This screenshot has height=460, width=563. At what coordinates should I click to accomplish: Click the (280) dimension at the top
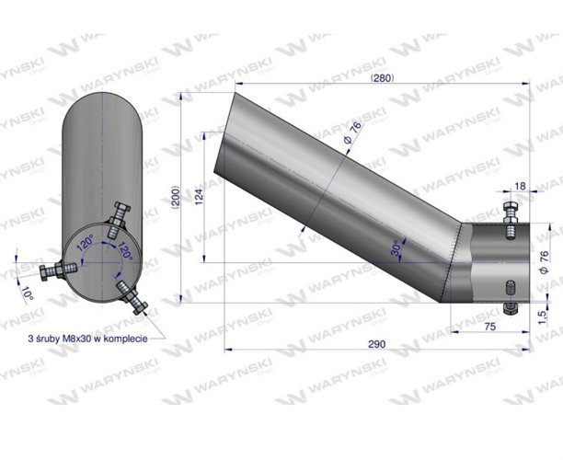click(x=382, y=78)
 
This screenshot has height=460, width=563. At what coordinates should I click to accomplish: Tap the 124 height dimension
click(x=198, y=197)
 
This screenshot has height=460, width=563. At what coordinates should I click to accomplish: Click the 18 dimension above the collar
click(x=521, y=187)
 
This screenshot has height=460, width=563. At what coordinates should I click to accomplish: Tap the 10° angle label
click(x=28, y=294)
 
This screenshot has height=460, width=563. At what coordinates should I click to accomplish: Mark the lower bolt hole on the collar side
click(x=508, y=282)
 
